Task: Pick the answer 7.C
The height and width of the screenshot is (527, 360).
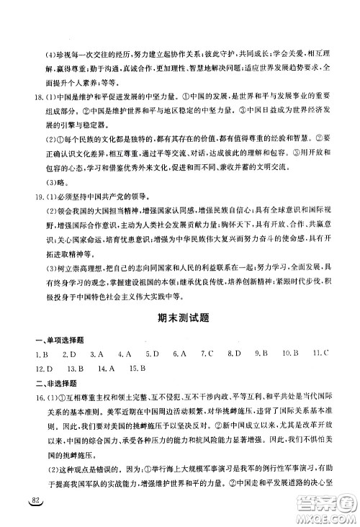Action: (207, 374)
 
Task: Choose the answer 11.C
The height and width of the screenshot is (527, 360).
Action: (321, 374)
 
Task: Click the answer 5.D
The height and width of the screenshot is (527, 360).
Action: (151, 374)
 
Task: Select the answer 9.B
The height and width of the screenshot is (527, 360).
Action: (261, 374)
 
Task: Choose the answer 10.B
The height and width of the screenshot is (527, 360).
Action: (290, 374)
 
